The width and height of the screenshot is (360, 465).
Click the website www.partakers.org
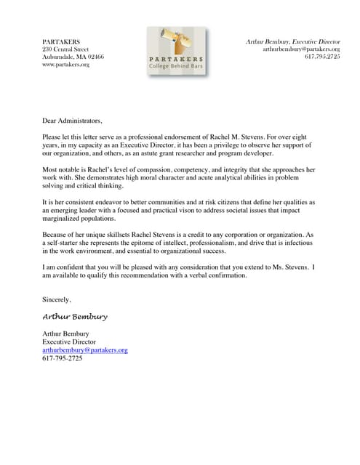tap(66, 65)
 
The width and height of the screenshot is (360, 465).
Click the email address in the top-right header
tap(301, 49)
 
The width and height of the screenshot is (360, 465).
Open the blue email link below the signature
tap(86, 349)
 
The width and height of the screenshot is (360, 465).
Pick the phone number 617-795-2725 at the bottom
tap(63, 358)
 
